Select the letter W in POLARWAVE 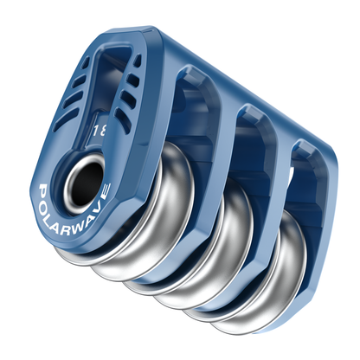point(84,223)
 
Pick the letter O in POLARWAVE point(46,200)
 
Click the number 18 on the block point(100,131)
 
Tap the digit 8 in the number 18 point(104,131)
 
